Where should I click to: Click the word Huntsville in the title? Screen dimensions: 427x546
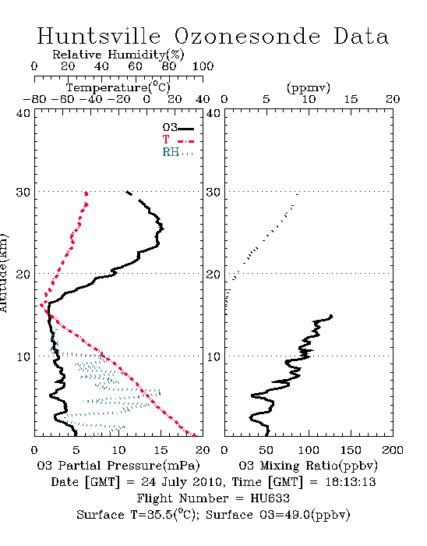99,36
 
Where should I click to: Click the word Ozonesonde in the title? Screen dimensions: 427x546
247,36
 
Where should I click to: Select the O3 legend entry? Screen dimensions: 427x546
178,127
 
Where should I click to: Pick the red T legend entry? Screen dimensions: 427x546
178,140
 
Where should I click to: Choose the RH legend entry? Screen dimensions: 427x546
178,152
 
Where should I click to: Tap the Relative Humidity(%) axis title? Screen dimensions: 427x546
118,55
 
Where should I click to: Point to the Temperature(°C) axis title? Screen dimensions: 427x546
118,87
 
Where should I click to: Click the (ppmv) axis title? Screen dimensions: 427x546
309,87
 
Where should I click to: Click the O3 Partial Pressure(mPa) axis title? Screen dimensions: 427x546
118,466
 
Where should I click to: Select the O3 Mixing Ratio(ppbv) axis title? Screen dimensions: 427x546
308,466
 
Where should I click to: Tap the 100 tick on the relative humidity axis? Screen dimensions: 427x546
203,66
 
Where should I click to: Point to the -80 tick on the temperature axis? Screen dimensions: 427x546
34,99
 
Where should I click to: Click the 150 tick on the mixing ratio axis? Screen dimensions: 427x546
351,450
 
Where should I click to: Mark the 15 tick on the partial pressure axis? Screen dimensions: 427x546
161,450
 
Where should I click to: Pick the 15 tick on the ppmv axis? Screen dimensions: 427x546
351,99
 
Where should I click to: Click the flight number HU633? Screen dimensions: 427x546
270,498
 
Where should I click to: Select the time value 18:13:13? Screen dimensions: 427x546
351,482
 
